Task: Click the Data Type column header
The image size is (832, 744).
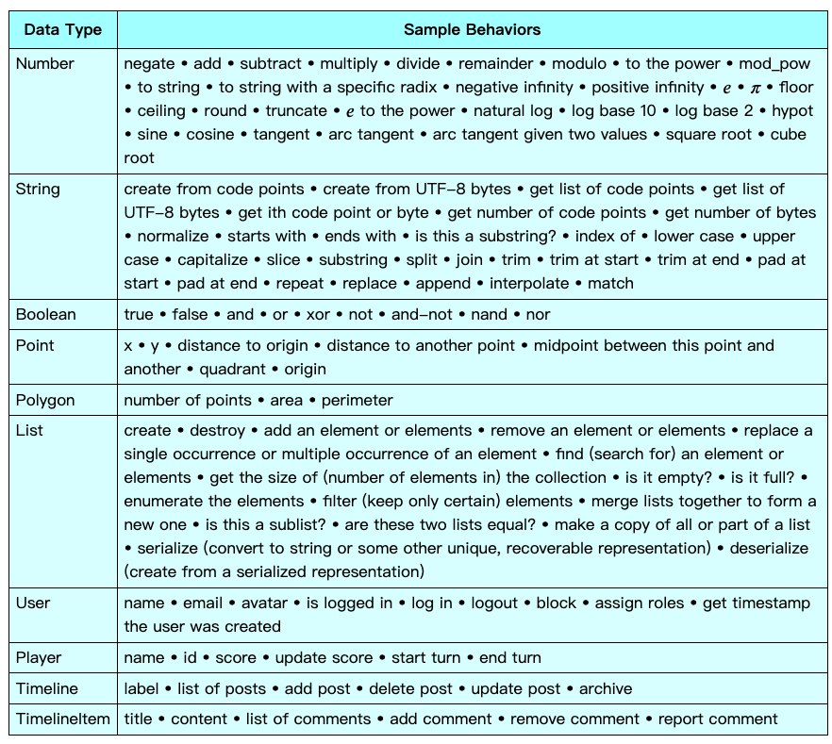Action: (62, 29)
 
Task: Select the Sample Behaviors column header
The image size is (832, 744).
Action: (472, 29)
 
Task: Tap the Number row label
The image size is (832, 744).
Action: (45, 64)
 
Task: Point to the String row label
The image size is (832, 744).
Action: (38, 190)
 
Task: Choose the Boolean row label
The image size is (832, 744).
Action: (46, 314)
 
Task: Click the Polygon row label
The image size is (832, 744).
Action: (45, 400)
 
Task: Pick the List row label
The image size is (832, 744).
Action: (29, 431)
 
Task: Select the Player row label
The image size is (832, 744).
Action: (39, 657)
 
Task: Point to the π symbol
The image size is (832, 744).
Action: (754, 88)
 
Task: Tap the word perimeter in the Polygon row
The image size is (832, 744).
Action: (357, 400)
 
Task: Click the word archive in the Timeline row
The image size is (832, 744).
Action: (606, 688)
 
